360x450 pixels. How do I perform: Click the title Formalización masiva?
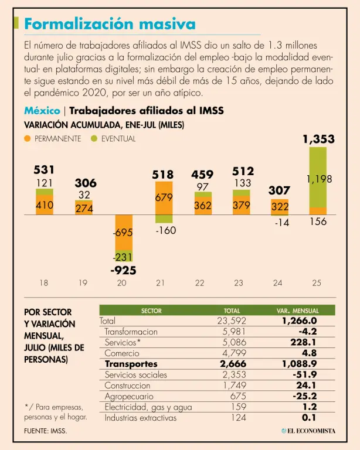coord(110,24)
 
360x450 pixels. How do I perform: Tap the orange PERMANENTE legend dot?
coord(28,139)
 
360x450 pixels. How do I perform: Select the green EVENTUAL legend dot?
coord(94,139)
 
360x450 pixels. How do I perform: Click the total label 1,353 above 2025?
coord(318,139)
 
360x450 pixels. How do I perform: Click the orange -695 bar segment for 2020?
coord(123,233)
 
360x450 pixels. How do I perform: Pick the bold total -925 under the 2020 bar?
coord(123,271)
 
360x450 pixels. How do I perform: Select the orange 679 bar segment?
coord(164,198)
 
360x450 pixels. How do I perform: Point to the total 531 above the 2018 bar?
coord(44,169)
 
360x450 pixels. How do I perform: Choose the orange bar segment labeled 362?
coord(203,206)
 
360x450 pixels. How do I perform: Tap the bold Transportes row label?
coord(131,364)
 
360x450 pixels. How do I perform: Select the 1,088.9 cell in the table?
coord(298,364)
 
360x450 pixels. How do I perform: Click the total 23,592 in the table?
coord(232,321)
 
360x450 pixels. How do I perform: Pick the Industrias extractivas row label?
coord(140,418)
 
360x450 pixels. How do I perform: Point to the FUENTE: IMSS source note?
coord(45,431)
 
